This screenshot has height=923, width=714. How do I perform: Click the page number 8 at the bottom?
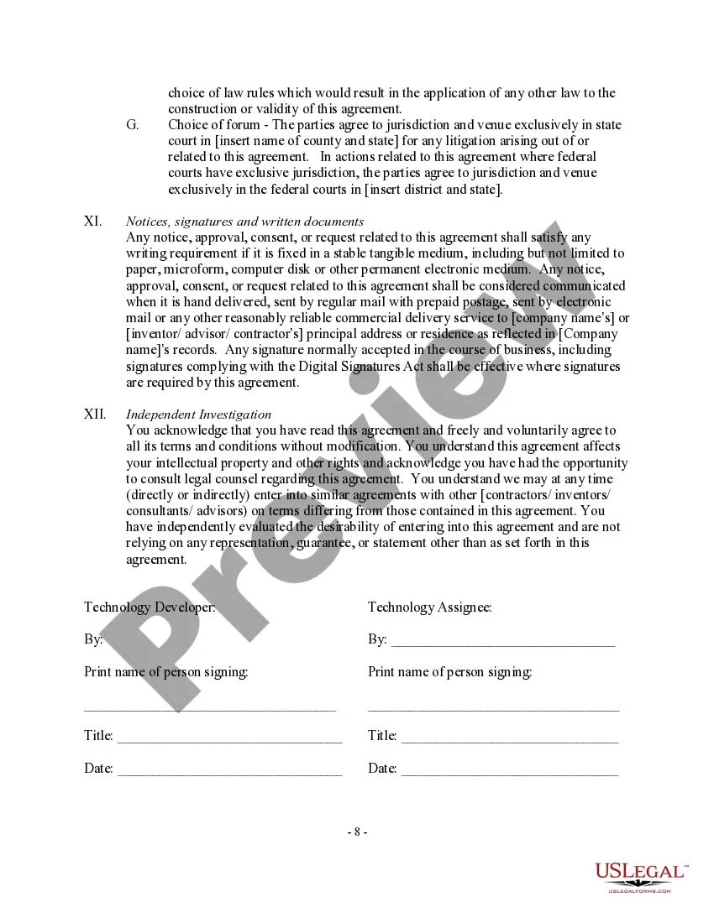point(357,832)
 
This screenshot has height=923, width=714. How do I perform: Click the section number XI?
point(93,222)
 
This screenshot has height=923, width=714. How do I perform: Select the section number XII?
point(95,415)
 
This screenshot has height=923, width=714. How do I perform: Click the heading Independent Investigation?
point(199,415)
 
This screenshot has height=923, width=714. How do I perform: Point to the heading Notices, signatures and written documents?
point(244,222)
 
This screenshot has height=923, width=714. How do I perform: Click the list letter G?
point(133,125)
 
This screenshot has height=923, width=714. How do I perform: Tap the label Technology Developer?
point(150,608)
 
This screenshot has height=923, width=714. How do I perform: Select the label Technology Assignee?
point(429,608)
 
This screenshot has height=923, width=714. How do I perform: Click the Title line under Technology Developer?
point(229,739)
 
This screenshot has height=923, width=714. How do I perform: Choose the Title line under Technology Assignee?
point(510,739)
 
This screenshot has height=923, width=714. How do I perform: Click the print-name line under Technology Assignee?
point(494,709)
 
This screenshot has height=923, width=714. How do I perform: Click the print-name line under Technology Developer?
point(210,709)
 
